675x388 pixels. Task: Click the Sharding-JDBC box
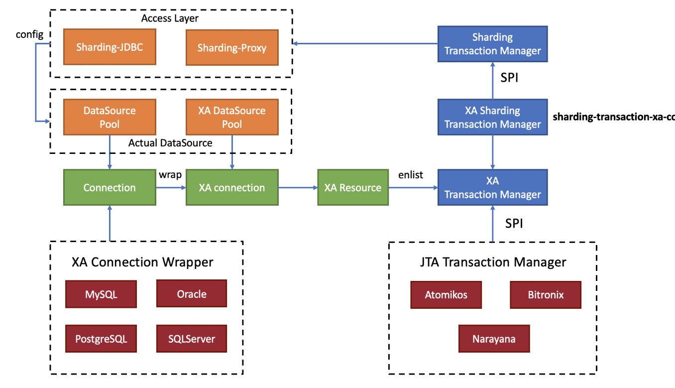[x=110, y=47]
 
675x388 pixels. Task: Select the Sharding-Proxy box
[x=232, y=47]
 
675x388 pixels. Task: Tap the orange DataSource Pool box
[x=110, y=117]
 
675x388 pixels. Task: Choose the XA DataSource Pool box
[x=232, y=117]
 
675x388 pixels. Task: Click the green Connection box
[x=110, y=187]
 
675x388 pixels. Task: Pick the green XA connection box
[x=232, y=187]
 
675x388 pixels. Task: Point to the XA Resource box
[x=353, y=187]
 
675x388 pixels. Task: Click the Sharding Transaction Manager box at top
[x=493, y=44]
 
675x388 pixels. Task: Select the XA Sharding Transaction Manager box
[x=493, y=117]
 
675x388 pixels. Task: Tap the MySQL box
[x=101, y=294]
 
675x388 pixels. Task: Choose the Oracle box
[x=192, y=293]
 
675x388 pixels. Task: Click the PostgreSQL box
[x=101, y=339]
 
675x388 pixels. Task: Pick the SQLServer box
[x=192, y=339]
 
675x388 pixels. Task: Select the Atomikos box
[x=446, y=294]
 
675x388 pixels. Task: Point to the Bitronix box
[x=546, y=294]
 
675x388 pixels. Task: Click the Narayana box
[x=494, y=339]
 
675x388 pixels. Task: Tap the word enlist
[x=410, y=174]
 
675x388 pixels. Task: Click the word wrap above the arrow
[x=170, y=175]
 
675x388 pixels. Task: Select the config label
[x=29, y=35]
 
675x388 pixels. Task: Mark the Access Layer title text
[x=170, y=18]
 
